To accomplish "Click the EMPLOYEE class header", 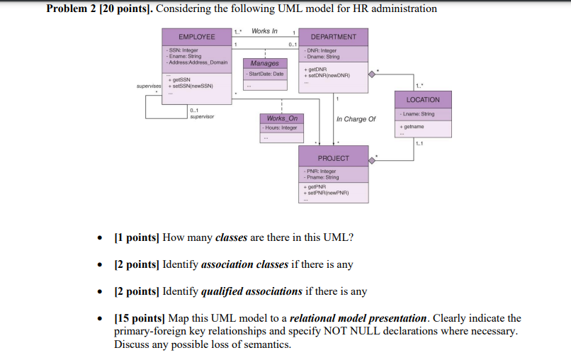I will point(196,37).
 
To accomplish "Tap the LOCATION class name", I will point(423,100).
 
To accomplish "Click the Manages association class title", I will point(264,64).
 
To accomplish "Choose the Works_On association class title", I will point(282,118).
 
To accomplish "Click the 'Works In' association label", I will point(264,31).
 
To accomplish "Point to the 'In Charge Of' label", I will point(356,119).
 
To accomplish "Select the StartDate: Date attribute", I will point(265,74).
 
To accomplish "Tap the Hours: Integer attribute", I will point(281,128).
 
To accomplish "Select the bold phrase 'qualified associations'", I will point(251,291).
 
